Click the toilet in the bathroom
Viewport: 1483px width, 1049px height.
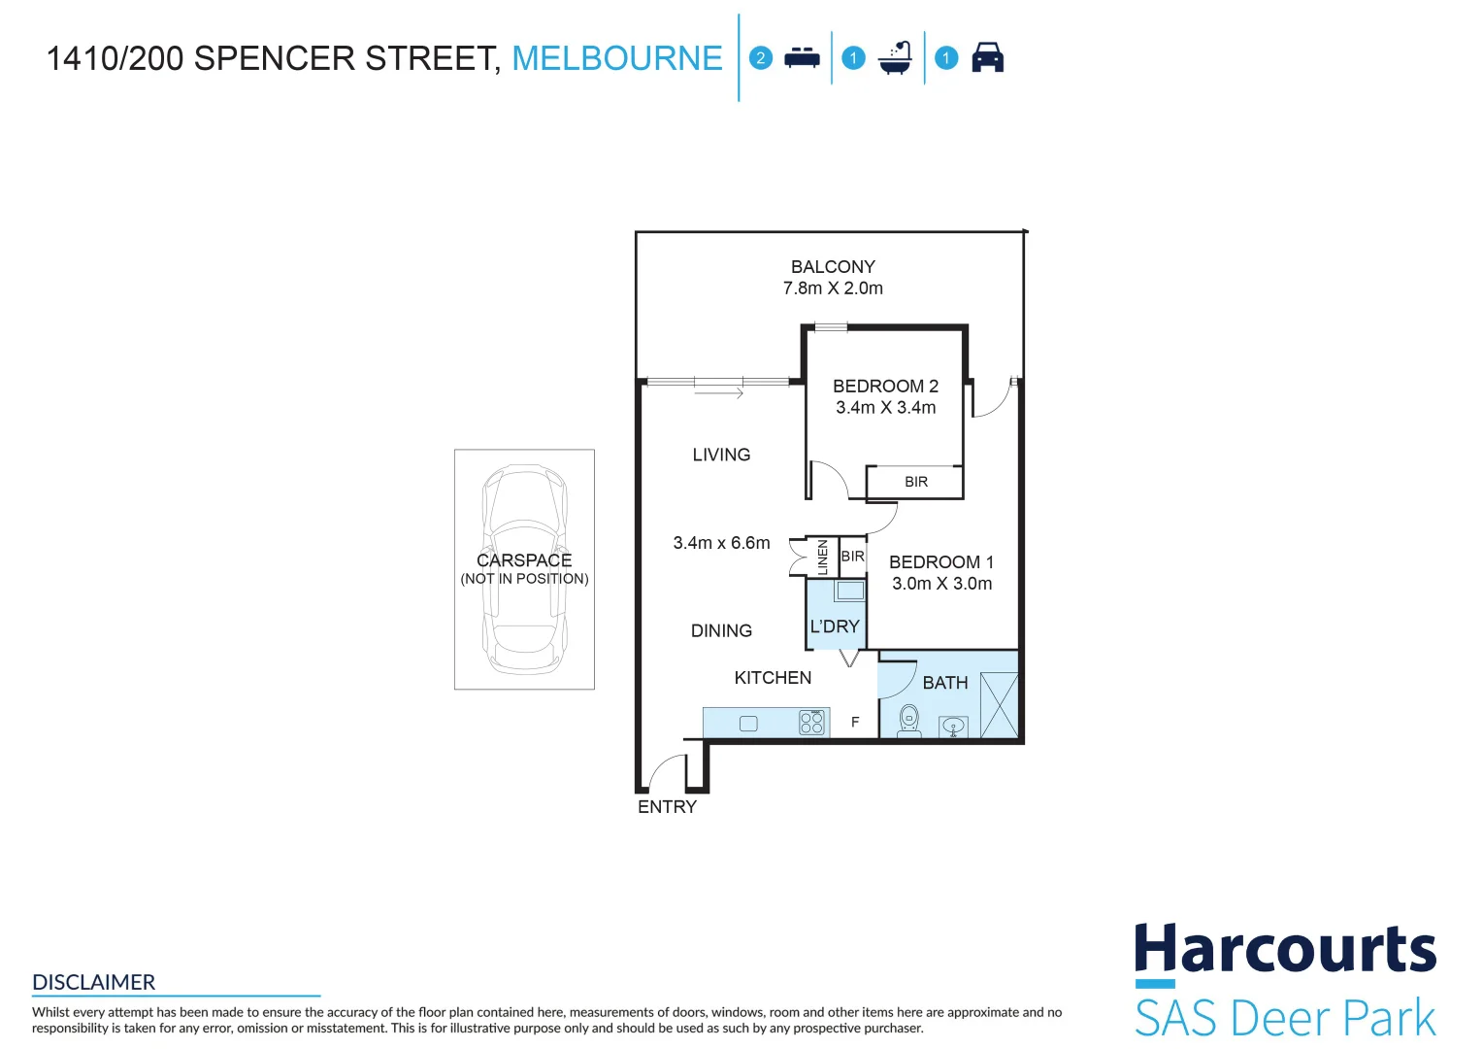click(x=909, y=720)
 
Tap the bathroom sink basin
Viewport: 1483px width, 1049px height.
click(x=954, y=726)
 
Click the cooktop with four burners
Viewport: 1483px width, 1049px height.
click(x=811, y=723)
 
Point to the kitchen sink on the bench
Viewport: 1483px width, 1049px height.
click(x=748, y=724)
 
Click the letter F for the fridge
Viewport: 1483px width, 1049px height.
click(x=855, y=723)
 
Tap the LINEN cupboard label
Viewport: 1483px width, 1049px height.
click(x=823, y=558)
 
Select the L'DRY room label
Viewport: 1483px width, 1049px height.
click(x=835, y=626)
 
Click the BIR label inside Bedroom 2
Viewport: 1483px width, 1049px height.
click(x=916, y=482)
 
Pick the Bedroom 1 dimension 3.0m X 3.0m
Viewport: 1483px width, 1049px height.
click(x=941, y=584)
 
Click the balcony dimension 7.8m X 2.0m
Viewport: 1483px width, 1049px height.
click(x=833, y=288)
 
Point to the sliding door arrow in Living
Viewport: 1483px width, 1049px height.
click(x=719, y=393)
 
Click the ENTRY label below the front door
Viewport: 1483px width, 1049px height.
click(x=667, y=807)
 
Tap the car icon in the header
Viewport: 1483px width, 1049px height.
click(x=987, y=58)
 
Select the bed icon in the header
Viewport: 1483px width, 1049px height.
click(x=802, y=58)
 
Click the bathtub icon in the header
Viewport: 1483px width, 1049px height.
click(x=895, y=58)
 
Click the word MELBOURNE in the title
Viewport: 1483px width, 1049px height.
click(x=617, y=58)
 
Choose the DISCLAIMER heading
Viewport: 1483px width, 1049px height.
click(x=94, y=982)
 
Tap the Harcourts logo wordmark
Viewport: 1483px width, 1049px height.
click(x=1285, y=950)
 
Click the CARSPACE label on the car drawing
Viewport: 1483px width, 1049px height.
click(x=524, y=560)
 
